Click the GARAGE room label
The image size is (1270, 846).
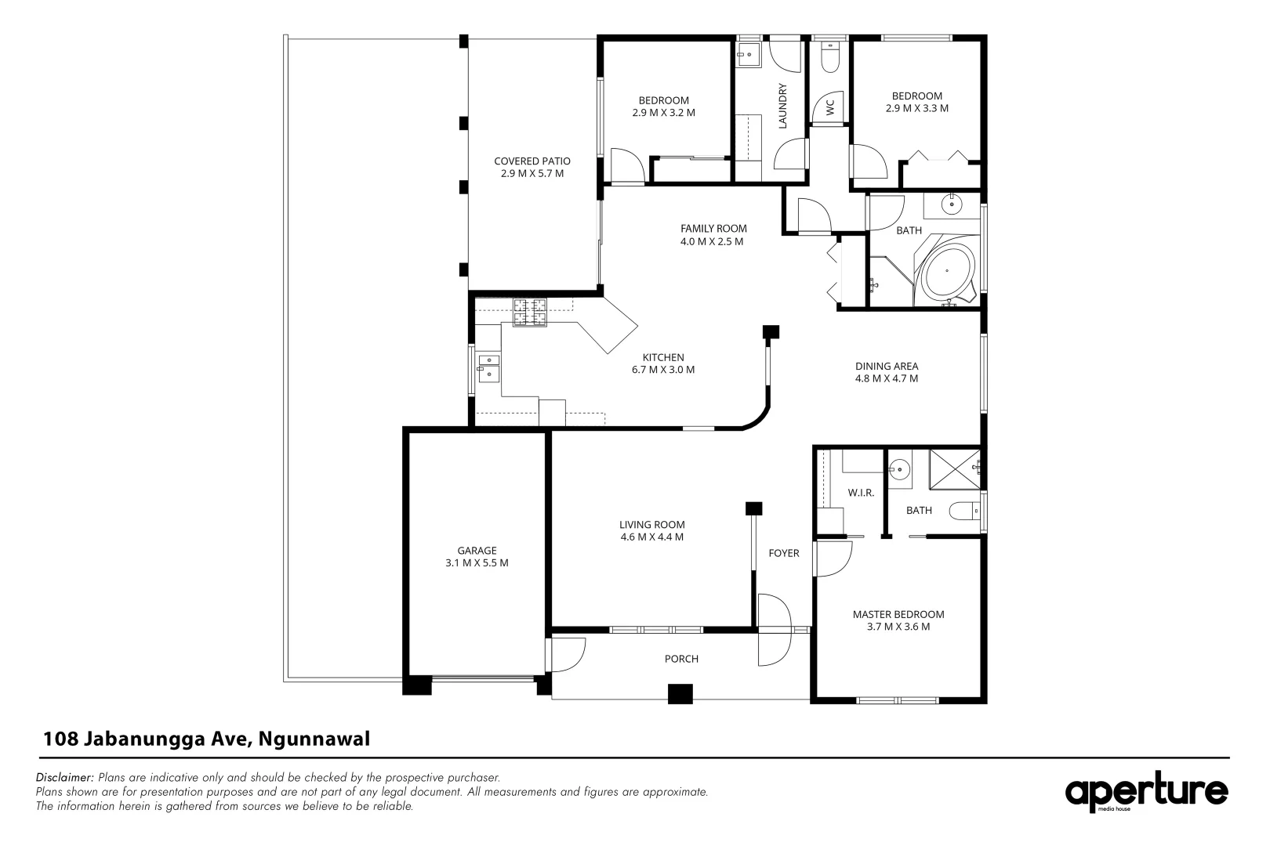pyautogui.click(x=477, y=551)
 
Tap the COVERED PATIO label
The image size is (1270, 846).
pyautogui.click(x=532, y=161)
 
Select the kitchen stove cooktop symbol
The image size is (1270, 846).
pyautogui.click(x=530, y=313)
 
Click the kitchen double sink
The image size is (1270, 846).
pyautogui.click(x=488, y=367)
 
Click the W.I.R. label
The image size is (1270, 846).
pyautogui.click(x=861, y=493)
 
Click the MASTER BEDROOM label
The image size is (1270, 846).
pyautogui.click(x=898, y=614)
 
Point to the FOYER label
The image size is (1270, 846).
pyautogui.click(x=783, y=553)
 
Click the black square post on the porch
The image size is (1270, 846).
pyautogui.click(x=680, y=694)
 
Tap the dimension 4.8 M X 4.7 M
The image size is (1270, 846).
pyautogui.click(x=886, y=378)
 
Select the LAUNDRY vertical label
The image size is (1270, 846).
pyautogui.click(x=782, y=106)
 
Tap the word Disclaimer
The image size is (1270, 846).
pyautogui.click(x=65, y=778)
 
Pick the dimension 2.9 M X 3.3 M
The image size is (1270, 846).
pyautogui.click(x=916, y=108)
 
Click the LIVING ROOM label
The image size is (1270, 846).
pyautogui.click(x=651, y=525)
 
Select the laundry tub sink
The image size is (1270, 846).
pyautogui.click(x=748, y=55)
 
